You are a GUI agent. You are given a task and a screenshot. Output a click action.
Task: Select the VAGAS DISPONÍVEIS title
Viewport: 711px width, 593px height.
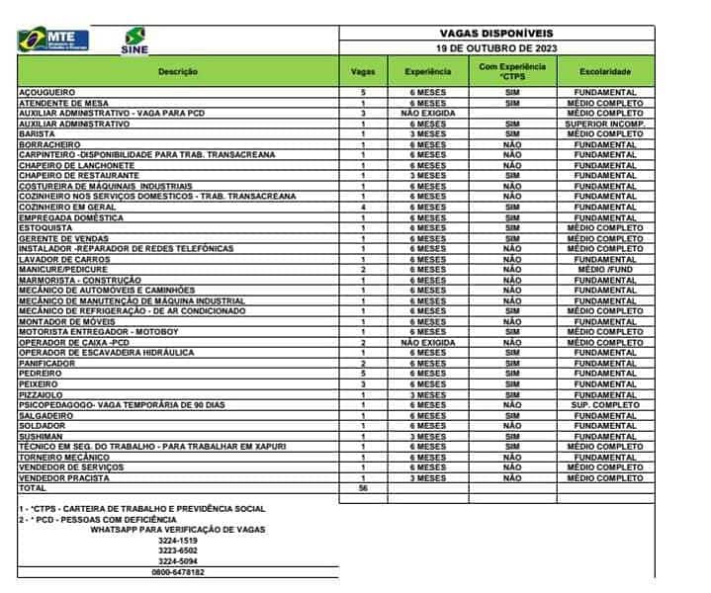[x=496, y=33]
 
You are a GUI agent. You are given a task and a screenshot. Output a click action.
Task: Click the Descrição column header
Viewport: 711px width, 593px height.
[x=178, y=71]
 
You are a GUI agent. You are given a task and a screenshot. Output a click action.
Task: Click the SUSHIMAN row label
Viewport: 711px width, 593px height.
[x=42, y=436]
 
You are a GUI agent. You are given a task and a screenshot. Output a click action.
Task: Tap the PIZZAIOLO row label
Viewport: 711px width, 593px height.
[x=43, y=394]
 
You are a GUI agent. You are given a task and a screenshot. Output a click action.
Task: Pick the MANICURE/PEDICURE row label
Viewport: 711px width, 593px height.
[x=64, y=269]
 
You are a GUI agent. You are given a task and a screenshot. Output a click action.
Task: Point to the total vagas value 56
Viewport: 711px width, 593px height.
[x=363, y=488]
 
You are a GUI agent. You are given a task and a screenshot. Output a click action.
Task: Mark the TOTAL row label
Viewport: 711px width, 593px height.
[x=34, y=488]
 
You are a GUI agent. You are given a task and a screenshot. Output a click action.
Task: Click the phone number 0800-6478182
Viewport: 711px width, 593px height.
[x=178, y=571]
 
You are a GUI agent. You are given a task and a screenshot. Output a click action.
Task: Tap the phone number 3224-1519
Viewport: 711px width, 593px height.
[x=178, y=540]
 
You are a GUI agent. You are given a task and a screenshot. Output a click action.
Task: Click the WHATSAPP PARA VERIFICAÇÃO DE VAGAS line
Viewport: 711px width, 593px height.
[x=178, y=529]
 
